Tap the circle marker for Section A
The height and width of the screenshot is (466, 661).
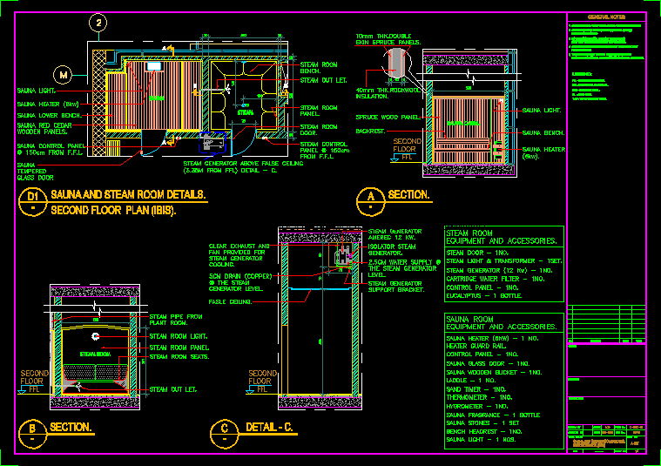(371, 198)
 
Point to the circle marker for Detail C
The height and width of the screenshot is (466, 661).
(224, 429)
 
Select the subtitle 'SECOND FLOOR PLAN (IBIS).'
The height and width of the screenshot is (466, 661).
(114, 211)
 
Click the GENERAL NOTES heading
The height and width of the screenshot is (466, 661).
(606, 17)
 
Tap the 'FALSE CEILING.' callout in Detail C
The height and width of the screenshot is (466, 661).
(230, 301)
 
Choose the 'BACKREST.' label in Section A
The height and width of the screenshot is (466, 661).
(371, 131)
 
